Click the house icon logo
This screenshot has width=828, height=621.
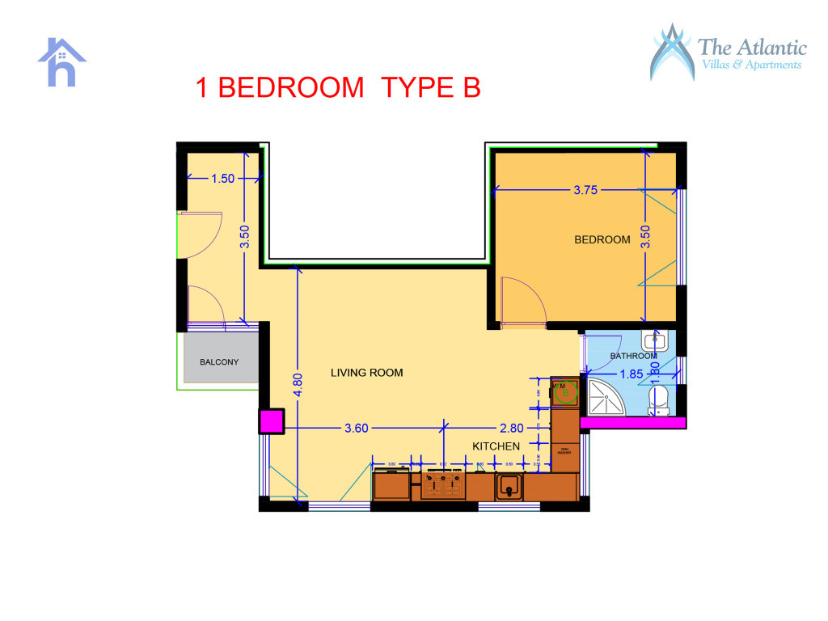coord(61,62)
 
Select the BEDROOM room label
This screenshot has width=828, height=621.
coord(602,239)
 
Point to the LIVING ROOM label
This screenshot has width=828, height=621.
coord(366,373)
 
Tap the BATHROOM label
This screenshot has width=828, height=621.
coord(633,356)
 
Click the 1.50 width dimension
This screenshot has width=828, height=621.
coord(222,179)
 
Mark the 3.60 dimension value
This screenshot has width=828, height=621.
coord(357,428)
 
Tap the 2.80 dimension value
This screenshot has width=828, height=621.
coord(512,428)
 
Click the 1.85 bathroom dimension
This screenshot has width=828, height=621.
coord(632,374)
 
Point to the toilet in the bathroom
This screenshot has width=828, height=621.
coord(659,399)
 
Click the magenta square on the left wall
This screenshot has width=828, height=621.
coord(271,421)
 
